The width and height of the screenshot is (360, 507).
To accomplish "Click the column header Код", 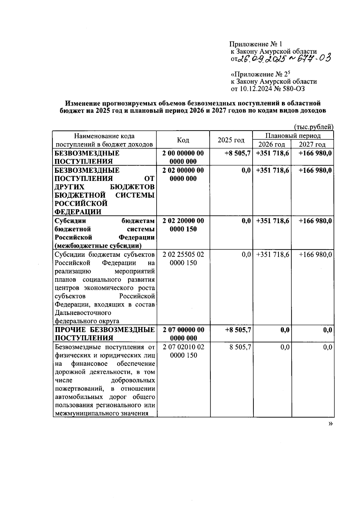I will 183,140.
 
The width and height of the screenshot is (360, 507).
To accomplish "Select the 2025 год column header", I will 231,140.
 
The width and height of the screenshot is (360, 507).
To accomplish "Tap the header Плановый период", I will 293,136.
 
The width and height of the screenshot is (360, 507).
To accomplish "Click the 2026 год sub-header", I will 272,144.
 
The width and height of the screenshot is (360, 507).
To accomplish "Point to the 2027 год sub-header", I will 312,144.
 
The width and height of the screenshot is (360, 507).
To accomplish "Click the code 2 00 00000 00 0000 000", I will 183,157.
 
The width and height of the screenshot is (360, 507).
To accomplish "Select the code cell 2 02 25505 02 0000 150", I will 183,259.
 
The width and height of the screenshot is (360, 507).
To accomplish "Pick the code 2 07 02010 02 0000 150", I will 183,351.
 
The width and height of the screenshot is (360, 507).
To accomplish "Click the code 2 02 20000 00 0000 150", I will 183,225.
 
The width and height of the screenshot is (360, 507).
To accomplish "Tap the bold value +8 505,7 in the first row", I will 238,153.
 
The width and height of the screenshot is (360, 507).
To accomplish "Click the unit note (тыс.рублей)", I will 313,127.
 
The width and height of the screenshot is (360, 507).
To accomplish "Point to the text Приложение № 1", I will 256,44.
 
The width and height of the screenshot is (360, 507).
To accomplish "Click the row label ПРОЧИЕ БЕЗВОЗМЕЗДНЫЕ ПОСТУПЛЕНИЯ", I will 105,334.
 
